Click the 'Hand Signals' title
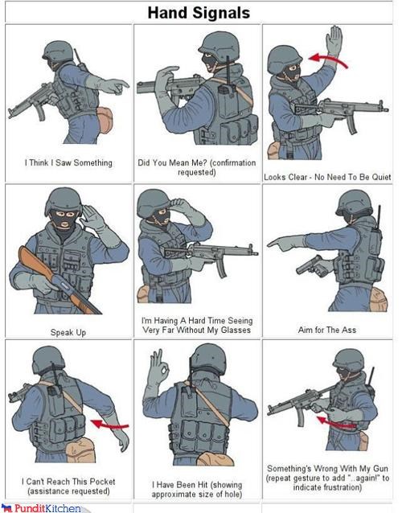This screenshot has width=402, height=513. click(x=199, y=13)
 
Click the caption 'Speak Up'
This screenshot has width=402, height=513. click(x=68, y=332)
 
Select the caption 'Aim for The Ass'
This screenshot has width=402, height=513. click(x=326, y=330)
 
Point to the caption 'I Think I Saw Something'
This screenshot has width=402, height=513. click(x=68, y=162)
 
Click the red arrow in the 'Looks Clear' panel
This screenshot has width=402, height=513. click(x=328, y=60)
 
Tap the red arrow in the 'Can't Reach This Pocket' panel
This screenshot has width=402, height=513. click(x=110, y=425)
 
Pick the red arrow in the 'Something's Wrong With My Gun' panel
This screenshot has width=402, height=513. click(x=336, y=423)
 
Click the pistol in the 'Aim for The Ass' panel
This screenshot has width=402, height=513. click(x=311, y=265)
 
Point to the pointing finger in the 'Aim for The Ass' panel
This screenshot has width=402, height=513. click(x=278, y=243)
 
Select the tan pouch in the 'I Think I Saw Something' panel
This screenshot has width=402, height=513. click(x=105, y=120)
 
